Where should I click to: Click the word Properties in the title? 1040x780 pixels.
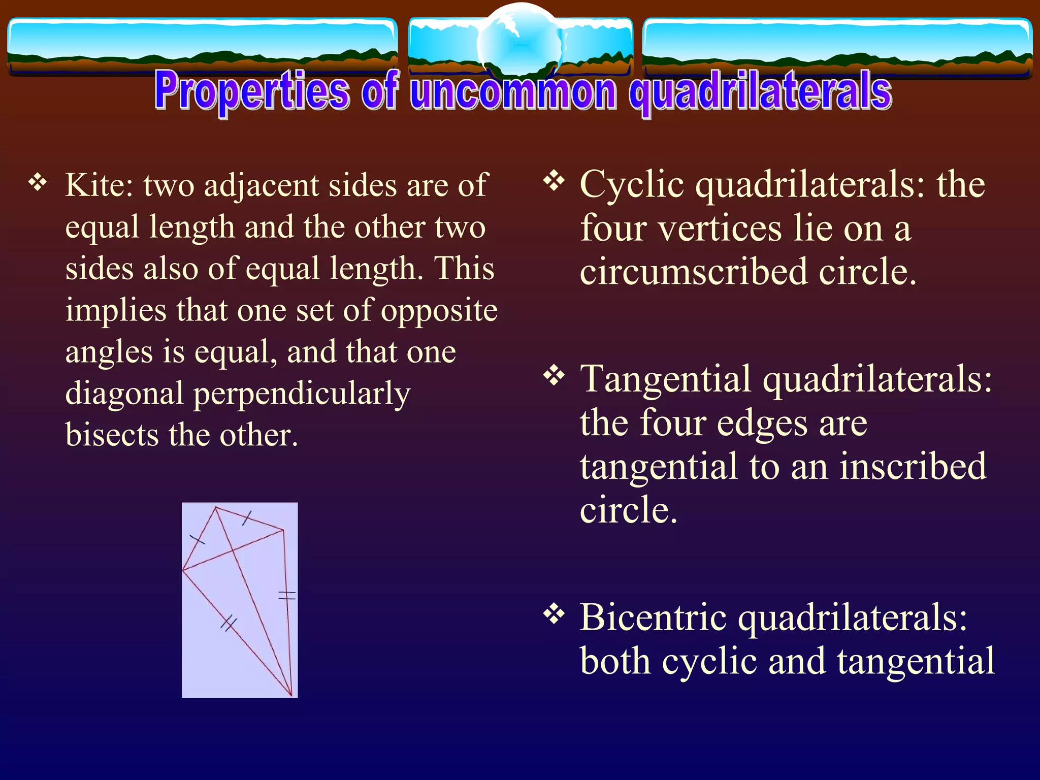252,91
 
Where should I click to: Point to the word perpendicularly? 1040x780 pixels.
302,394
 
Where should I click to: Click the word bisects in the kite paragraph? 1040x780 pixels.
112,435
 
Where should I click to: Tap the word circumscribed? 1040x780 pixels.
693,271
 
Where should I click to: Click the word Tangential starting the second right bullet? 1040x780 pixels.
665,379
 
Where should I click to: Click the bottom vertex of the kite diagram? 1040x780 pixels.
291,695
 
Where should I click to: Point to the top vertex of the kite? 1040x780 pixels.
216,507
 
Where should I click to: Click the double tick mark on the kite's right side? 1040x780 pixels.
287,595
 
